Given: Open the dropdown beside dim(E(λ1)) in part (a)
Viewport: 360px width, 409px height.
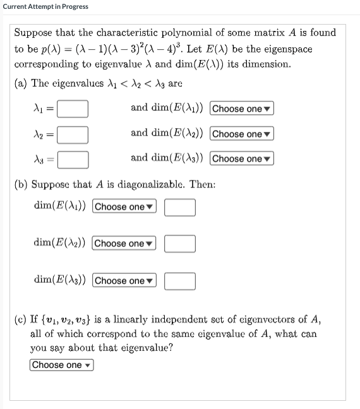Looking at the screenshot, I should click(242, 109).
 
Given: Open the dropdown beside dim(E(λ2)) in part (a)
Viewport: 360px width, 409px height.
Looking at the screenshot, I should click(242, 134).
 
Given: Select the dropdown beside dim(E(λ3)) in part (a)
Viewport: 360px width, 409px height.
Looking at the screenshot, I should click(242, 158).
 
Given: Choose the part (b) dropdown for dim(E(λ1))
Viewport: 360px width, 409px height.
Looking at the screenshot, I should click(124, 207).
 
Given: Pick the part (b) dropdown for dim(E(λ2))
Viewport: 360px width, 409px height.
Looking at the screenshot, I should click(124, 244).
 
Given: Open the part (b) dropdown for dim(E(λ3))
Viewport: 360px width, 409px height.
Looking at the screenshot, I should click(124, 281).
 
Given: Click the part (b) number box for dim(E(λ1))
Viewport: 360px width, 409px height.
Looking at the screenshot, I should click(180, 207).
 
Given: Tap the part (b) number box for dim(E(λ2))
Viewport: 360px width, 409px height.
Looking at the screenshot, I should click(180, 244).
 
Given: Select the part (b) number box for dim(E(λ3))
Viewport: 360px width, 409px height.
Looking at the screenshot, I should click(180, 281).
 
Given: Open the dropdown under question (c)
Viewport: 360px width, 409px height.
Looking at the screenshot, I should click(61, 365).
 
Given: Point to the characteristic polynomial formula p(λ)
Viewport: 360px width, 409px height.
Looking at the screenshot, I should click(94, 49).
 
